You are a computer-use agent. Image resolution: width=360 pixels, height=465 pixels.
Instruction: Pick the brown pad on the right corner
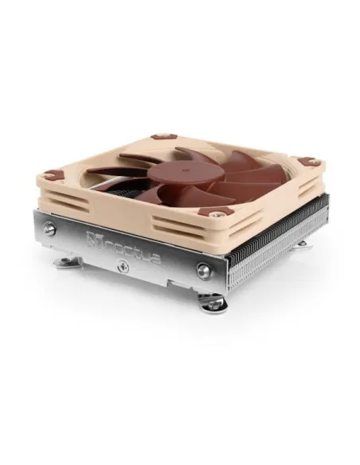point(311,162)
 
